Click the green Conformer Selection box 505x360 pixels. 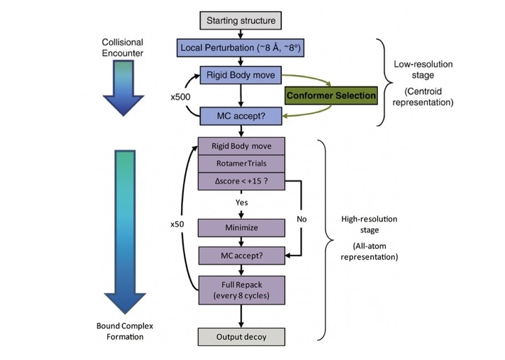click(330, 93)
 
